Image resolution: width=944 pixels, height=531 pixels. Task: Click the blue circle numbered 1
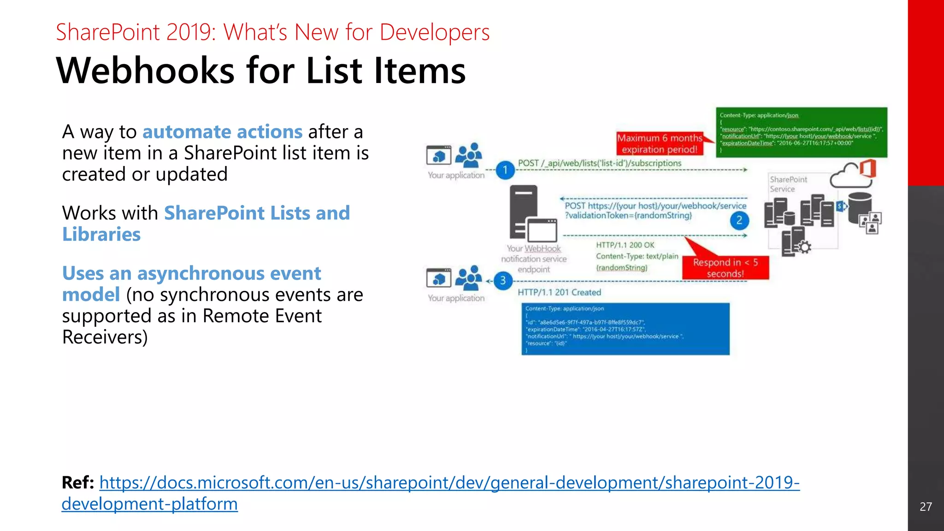(x=505, y=170)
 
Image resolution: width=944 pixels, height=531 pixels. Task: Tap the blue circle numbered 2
(x=739, y=220)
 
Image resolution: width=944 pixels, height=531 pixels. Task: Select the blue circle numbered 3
(x=503, y=281)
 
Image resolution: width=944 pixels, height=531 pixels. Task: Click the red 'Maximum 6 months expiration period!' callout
(x=659, y=143)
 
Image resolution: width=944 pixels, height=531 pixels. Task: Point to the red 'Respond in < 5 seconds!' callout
(x=725, y=268)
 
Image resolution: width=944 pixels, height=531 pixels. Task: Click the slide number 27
(x=926, y=507)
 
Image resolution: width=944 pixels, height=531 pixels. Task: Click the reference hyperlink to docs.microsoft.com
(x=449, y=483)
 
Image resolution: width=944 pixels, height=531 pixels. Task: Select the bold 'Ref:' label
(x=77, y=483)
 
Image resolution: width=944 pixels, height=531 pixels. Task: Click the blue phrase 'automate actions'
(x=222, y=132)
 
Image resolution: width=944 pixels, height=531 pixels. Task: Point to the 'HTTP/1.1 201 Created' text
(x=559, y=292)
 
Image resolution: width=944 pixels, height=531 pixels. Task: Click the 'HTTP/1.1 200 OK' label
(x=625, y=245)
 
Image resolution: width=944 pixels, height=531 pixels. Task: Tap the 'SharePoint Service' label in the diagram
(x=788, y=184)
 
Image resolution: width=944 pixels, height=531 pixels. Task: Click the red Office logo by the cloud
(x=867, y=168)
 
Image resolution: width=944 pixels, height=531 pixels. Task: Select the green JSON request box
(x=801, y=132)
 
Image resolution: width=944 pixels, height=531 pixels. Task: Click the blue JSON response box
(x=625, y=329)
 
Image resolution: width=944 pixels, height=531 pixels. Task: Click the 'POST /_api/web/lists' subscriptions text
(x=599, y=163)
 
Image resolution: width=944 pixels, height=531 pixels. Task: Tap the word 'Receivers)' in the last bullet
(x=105, y=337)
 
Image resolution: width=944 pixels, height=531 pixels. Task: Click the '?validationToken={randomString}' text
(x=628, y=216)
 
